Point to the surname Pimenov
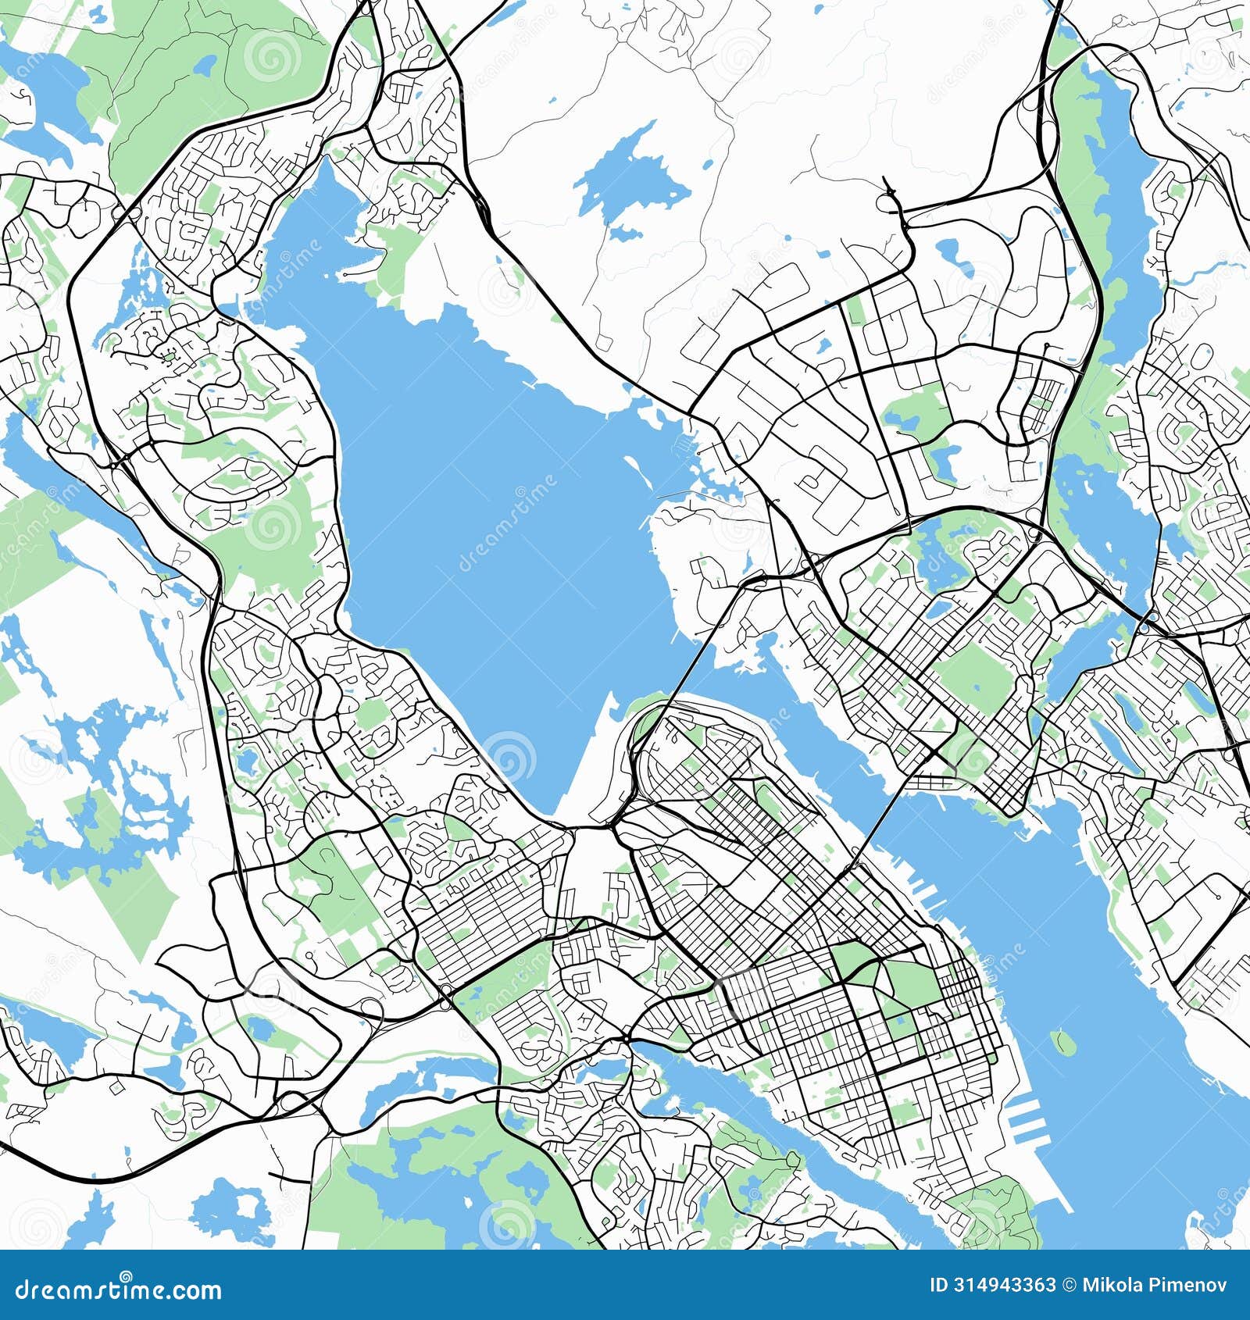(1191, 1285)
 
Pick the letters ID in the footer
(940, 1285)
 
